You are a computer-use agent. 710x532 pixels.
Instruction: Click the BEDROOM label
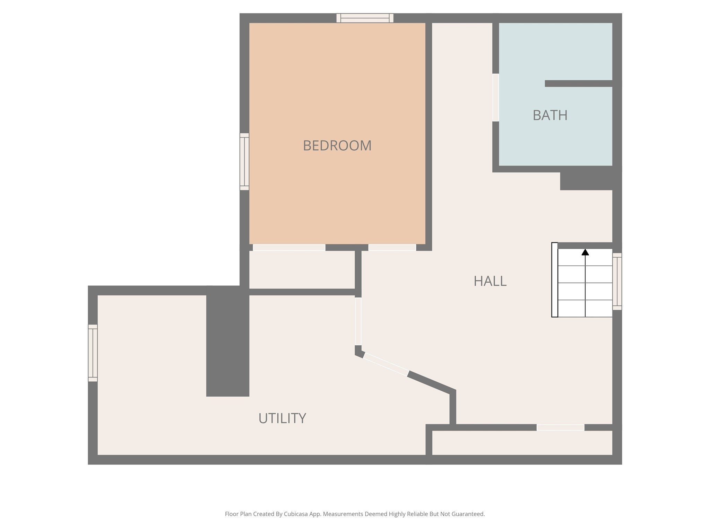[337, 145]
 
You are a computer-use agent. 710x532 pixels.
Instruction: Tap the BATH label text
[550, 115]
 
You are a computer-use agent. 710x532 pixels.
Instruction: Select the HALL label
[490, 281]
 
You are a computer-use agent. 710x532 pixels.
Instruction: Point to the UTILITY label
[282, 418]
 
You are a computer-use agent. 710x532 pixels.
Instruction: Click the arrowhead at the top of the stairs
[585, 252]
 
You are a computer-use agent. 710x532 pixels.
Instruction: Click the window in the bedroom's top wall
[365, 18]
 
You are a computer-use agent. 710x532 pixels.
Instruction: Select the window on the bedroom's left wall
[244, 161]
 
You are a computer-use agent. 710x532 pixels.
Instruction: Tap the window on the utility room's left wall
[93, 353]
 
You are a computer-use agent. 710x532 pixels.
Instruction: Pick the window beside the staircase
[617, 281]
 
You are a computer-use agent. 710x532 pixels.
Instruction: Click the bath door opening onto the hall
[496, 97]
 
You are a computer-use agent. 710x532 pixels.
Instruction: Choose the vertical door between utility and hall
[358, 321]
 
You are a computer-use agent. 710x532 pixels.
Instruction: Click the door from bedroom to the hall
[392, 247]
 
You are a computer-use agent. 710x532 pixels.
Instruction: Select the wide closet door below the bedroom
[289, 247]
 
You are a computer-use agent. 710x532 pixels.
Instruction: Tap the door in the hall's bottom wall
[560, 427]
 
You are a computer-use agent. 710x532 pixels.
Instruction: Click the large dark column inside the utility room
[228, 341]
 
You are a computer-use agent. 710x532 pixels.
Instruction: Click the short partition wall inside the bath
[578, 83]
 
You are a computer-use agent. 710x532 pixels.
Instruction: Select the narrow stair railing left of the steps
[555, 280]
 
